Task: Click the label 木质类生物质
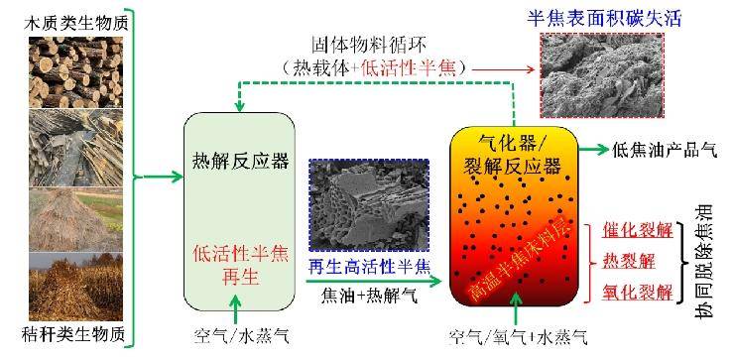pos(75,23)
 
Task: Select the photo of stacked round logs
pos(75,72)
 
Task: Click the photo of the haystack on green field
pos(75,220)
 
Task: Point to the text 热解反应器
pos(240,162)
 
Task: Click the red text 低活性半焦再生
pos(240,266)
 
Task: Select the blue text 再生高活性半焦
pos(368,267)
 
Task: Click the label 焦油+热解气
pos(369,296)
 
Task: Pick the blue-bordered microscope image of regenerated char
pos(369,205)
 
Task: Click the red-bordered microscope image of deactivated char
pos(602,75)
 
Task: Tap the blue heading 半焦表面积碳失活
pos(604,19)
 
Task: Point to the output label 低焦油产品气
pos(665,150)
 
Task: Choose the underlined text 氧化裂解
pos(638,293)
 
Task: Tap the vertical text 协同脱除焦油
pos(703,264)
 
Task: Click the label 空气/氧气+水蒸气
pos(518,336)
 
